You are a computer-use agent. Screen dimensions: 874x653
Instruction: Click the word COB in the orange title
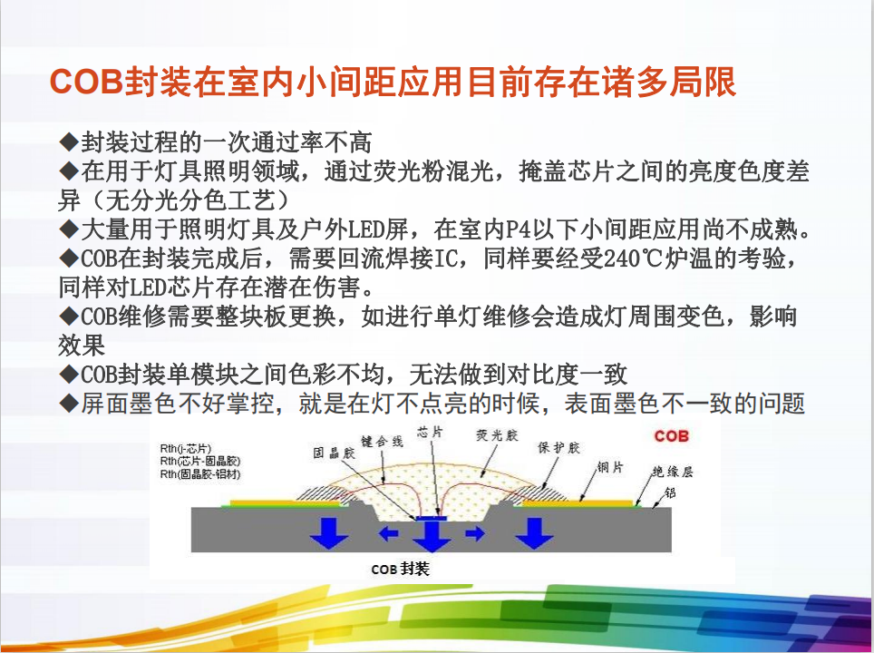(x=86, y=82)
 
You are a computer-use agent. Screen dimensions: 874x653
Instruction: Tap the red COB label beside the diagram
(x=672, y=436)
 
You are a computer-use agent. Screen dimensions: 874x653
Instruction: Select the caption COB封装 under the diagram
(x=400, y=569)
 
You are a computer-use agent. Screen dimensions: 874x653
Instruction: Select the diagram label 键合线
(x=382, y=442)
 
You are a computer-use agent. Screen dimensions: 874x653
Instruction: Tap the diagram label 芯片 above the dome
(x=430, y=431)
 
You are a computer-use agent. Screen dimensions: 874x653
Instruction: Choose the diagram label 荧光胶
(x=497, y=435)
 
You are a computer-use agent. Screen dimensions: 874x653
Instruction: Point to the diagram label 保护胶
(x=559, y=447)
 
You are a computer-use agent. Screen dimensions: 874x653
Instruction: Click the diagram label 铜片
(x=610, y=467)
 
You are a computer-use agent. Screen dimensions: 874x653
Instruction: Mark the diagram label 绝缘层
(x=673, y=472)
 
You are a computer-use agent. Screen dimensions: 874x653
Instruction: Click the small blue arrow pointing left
(x=389, y=533)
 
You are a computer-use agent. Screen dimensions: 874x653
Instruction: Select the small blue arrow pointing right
(x=475, y=533)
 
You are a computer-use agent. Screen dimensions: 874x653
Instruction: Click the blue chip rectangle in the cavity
(x=432, y=518)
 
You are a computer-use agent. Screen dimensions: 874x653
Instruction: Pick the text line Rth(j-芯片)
(x=186, y=448)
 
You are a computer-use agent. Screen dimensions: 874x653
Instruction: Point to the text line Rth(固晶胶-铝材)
(x=200, y=474)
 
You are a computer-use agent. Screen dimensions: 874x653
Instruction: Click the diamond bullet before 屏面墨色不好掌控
(x=69, y=403)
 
